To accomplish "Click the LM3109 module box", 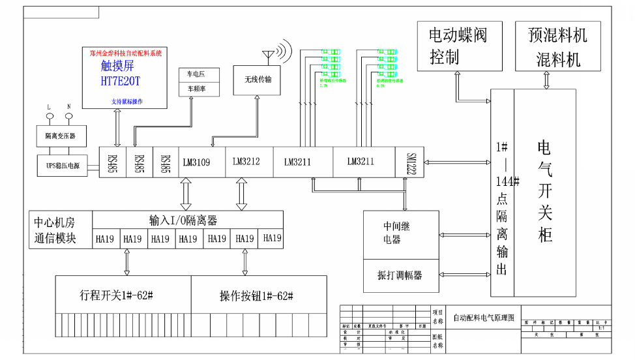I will pyautogui.click(x=196, y=162).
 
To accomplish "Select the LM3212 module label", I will pyautogui.click(x=246, y=161).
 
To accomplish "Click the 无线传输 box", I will pyautogui.click(x=258, y=80).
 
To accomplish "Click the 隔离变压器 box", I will pyautogui.click(x=60, y=136).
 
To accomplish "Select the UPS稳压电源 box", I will pyautogui.click(x=63, y=166).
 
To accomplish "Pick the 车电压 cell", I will pyautogui.click(x=196, y=75).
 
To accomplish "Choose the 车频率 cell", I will pyautogui.click(x=196, y=89).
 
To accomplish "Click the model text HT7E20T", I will pyautogui.click(x=121, y=81).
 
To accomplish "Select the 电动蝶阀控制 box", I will pyautogui.click(x=458, y=46).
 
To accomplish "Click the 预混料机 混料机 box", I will pyautogui.click(x=558, y=46).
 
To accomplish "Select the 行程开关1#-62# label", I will pyautogui.click(x=115, y=295).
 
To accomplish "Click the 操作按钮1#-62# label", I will pyautogui.click(x=256, y=295).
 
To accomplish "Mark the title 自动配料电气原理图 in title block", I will pyautogui.click(x=483, y=318).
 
